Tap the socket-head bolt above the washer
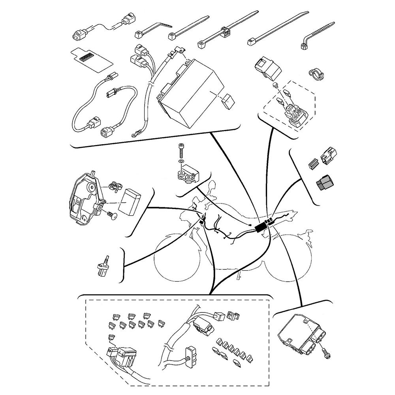(181, 151)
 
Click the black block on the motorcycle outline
(261, 228)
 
